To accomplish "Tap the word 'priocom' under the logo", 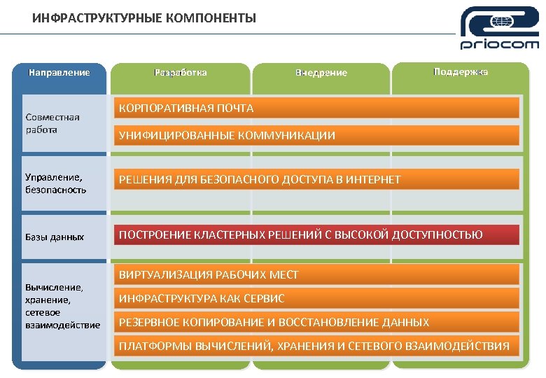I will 499,45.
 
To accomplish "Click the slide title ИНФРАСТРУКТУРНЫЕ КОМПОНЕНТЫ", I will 144,17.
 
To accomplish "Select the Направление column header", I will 59,72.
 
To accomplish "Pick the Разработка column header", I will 180,72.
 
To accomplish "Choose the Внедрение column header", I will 321,73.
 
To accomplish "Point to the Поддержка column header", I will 460,72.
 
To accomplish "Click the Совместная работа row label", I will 52,123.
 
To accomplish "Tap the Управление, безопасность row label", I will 56,183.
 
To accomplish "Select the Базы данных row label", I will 55,237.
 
